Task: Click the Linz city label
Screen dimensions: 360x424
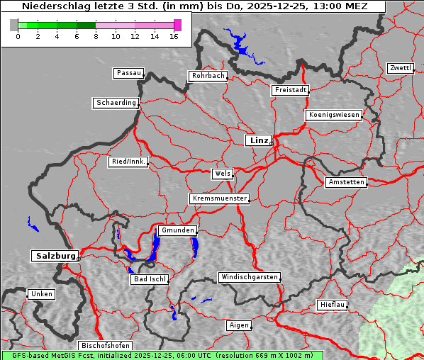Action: (258, 140)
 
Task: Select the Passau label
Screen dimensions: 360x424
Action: (128, 73)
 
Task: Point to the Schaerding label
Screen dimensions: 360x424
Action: (116, 103)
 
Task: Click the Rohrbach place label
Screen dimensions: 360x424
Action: (207, 76)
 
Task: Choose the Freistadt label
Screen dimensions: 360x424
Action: (290, 90)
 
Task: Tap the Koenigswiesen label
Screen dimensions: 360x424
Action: (334, 115)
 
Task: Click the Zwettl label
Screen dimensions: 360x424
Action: (400, 68)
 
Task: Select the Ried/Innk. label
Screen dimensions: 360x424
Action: (128, 162)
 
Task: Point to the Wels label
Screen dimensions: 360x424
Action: (222, 174)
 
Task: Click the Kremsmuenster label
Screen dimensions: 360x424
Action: (219, 198)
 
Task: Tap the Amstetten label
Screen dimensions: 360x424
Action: (346, 182)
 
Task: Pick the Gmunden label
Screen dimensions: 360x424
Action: (177, 230)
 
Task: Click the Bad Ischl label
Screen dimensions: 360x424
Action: (150, 279)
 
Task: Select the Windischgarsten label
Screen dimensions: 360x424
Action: (249, 277)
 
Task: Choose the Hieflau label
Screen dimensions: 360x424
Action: (333, 305)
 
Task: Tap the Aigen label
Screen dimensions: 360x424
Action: (238, 325)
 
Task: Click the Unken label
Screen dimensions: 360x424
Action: (41, 293)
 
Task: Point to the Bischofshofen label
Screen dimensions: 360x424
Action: (102, 345)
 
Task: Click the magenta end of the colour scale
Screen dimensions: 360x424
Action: (177, 25)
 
